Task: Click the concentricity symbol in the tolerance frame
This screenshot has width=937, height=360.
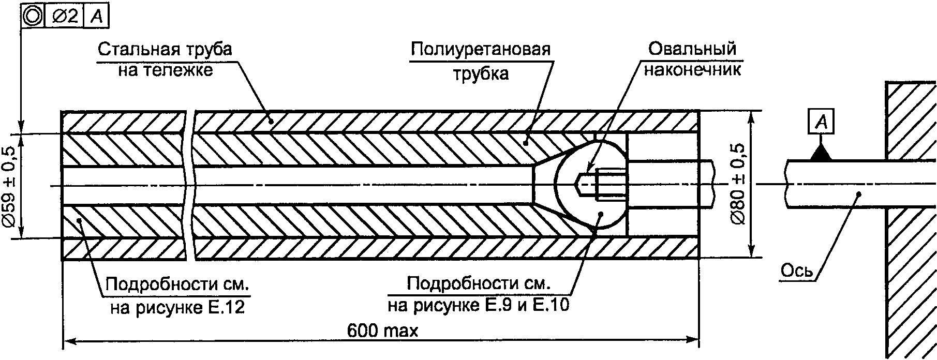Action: (33, 17)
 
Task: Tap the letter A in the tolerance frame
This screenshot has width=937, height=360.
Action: (97, 17)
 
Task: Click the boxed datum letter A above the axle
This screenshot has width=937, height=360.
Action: (820, 123)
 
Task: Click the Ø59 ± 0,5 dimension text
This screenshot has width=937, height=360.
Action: (10, 186)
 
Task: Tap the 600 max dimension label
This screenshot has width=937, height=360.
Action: (382, 331)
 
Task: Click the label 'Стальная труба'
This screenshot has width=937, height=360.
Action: (165, 50)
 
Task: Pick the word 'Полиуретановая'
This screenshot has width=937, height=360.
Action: (481, 50)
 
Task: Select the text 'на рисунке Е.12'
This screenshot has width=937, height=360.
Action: (177, 308)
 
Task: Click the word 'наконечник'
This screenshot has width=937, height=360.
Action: (692, 69)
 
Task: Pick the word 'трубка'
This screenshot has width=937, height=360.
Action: (481, 74)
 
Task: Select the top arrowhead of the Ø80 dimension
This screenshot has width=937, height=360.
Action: (751, 118)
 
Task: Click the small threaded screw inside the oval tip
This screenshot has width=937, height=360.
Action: (602, 184)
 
